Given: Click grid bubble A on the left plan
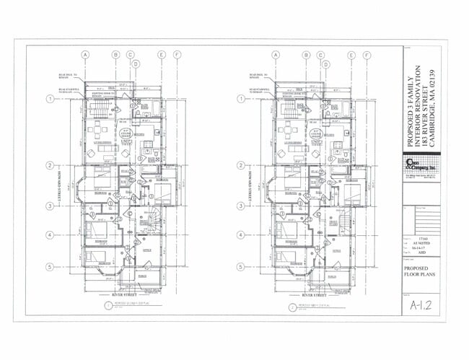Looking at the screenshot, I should [x=85, y=55].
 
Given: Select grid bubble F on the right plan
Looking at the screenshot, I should [x=367, y=55].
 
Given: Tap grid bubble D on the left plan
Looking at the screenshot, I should [x=136, y=64].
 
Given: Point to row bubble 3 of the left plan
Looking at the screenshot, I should [x=50, y=206].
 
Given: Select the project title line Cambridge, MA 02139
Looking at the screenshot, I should [x=431, y=101].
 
